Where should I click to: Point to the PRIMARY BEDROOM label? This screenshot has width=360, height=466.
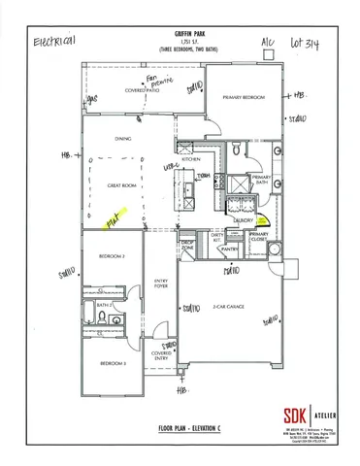pyautogui.click(x=243, y=98)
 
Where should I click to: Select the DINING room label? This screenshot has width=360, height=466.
pyautogui.click(x=123, y=139)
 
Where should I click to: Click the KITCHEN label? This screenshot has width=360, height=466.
pyautogui.click(x=190, y=158)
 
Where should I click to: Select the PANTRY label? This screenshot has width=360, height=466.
pyautogui.click(x=229, y=249)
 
